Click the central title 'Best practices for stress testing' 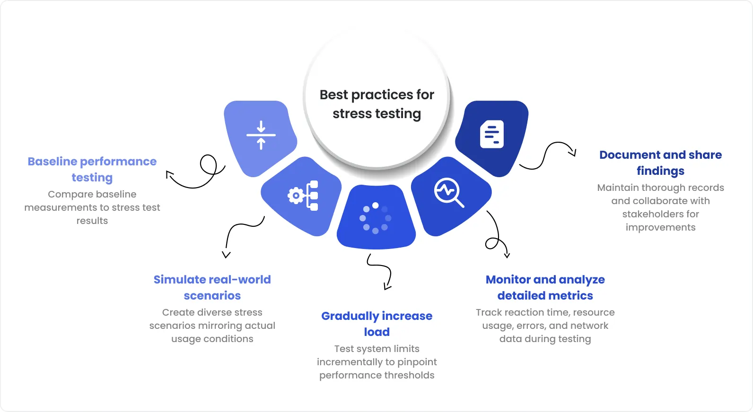(376, 104)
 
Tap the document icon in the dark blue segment (492, 134)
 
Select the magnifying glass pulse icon (448, 192)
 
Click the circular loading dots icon (376, 218)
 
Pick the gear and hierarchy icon (303, 195)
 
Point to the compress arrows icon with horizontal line (261, 135)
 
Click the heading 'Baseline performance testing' (92, 169)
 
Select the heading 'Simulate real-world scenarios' (212, 287)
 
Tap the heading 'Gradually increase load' (376, 324)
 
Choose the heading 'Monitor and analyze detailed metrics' (545, 287)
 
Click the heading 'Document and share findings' (660, 163)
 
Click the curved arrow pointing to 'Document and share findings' (549, 155)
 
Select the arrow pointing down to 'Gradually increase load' (381, 271)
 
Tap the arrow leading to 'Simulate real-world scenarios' (239, 234)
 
